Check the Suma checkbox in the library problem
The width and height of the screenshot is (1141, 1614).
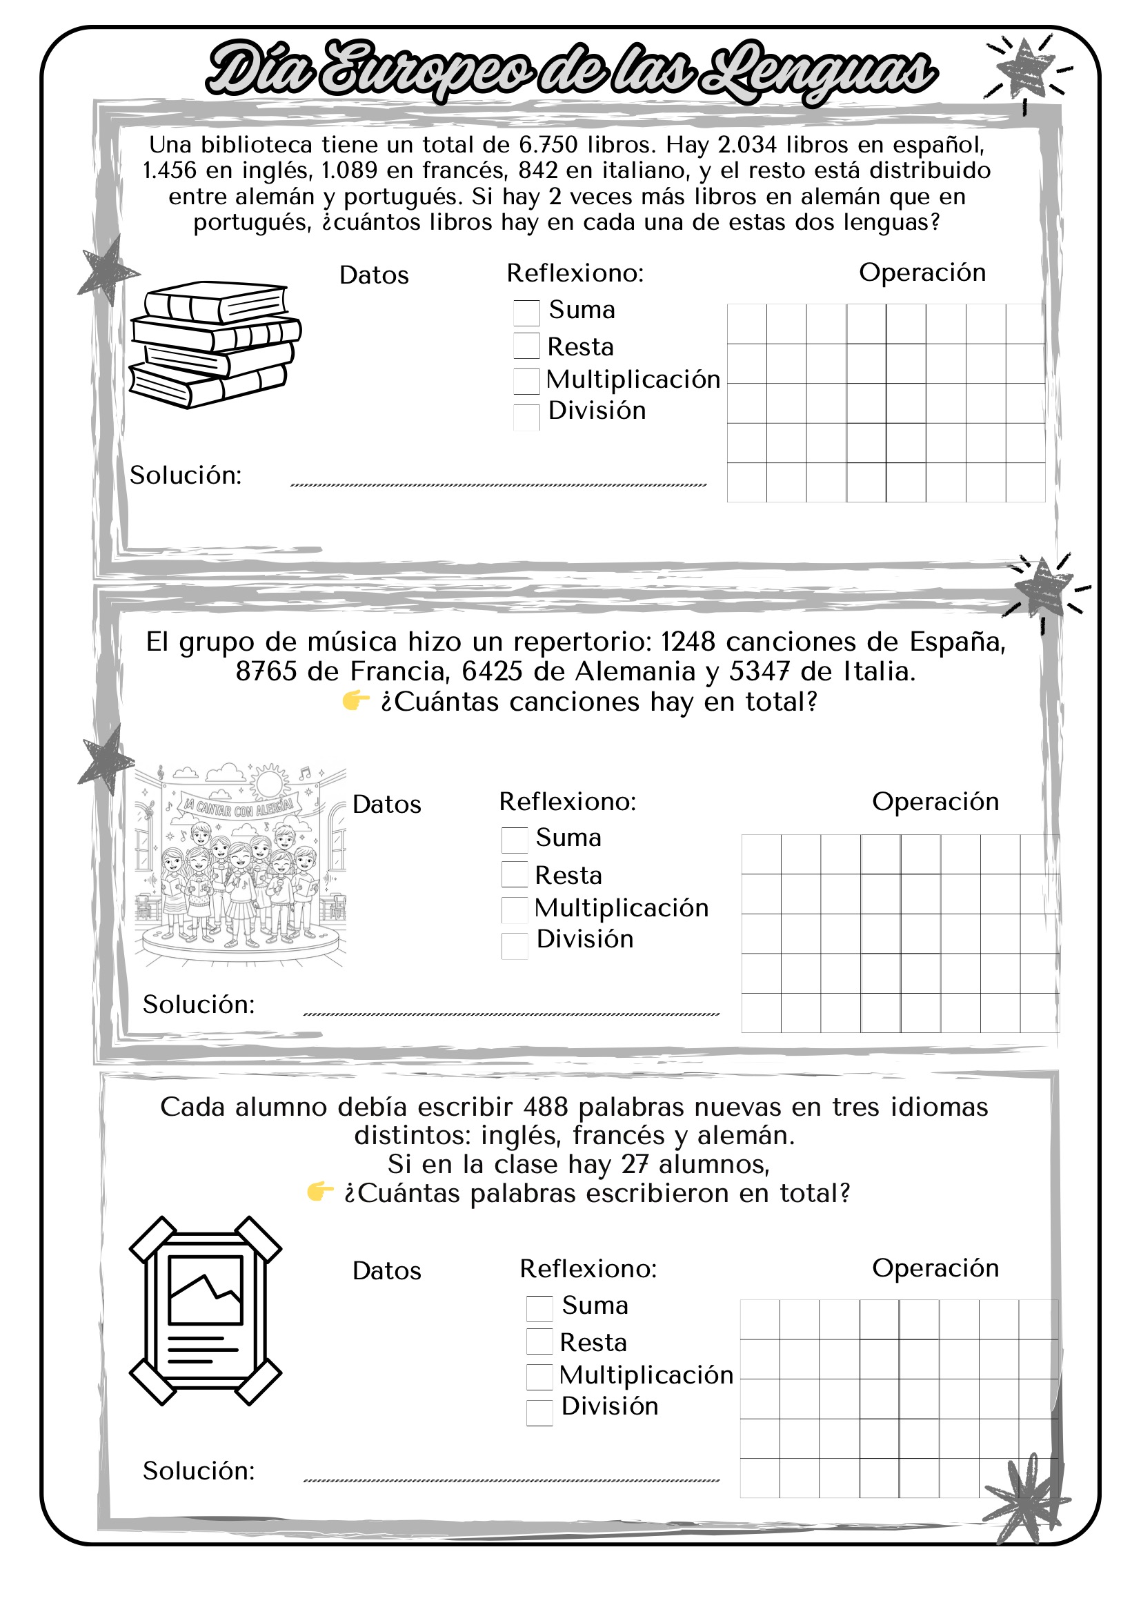click(526, 312)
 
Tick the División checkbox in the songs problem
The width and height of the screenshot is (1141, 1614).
click(515, 945)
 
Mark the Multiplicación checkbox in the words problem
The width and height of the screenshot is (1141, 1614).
click(539, 1377)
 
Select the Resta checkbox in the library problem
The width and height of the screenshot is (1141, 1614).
click(526, 346)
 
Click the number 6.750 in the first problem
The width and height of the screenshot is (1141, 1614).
click(548, 145)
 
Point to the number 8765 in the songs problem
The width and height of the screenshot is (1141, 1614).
click(266, 671)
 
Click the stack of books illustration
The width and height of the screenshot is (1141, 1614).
click(214, 344)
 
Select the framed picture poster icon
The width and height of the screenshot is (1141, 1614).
click(205, 1311)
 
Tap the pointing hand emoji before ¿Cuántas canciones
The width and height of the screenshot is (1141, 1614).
click(355, 700)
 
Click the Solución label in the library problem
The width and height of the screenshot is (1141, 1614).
click(186, 475)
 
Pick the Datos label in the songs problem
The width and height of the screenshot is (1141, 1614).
click(386, 804)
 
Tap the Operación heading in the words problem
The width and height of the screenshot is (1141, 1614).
click(935, 1268)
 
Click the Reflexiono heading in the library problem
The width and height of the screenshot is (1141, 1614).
click(575, 273)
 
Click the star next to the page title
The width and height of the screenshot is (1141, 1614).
click(1025, 69)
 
